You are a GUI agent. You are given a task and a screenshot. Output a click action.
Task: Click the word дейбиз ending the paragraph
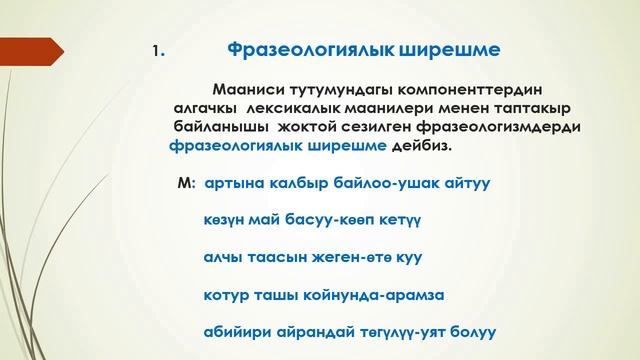click(421, 148)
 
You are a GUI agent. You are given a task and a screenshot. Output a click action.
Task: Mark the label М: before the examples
click(183, 185)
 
